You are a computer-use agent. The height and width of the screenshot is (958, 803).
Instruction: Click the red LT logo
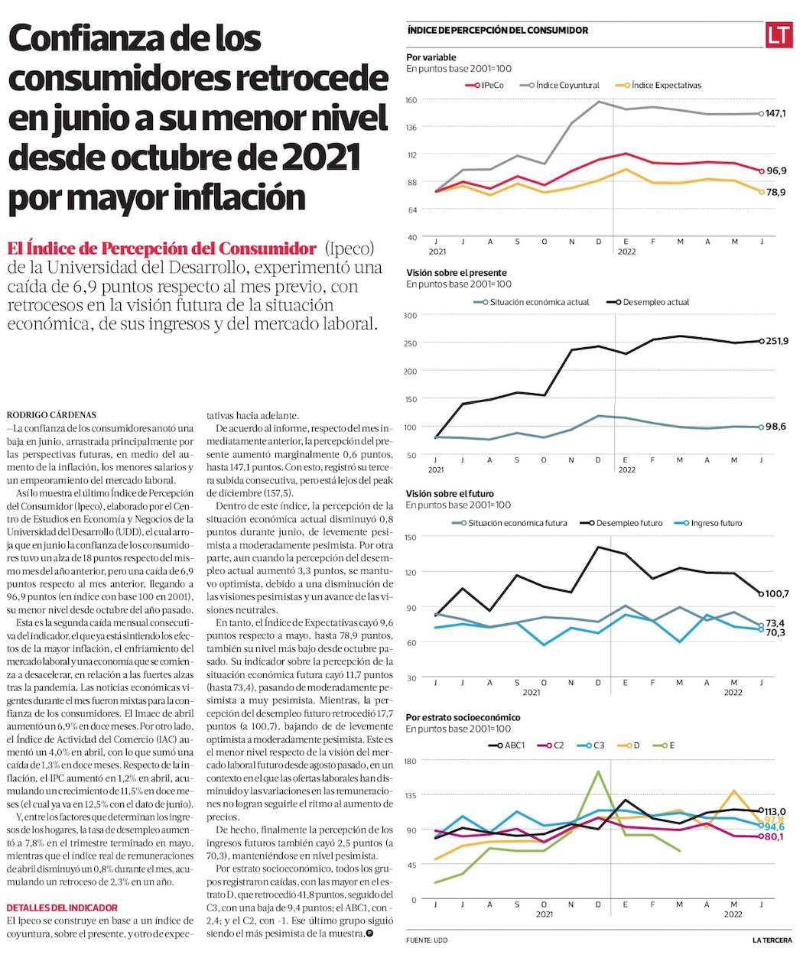coord(779,35)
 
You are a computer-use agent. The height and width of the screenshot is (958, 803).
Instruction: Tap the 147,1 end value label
coord(776,114)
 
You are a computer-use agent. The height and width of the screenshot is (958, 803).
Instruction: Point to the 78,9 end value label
coord(776,193)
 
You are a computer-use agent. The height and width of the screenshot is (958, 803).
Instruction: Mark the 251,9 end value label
coord(777,341)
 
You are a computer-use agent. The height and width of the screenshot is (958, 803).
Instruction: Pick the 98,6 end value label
coord(775,427)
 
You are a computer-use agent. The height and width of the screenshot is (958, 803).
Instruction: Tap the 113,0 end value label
coord(775,812)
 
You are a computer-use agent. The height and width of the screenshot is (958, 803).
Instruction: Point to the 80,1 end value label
coord(775,837)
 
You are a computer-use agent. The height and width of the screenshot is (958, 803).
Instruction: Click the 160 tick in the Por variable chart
coord(411,100)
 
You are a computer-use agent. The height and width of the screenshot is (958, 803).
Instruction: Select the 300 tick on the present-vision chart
coord(411,316)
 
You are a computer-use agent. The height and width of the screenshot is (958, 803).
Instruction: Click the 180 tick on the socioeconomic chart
coord(411,761)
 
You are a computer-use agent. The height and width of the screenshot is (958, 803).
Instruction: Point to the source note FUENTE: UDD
coord(427,940)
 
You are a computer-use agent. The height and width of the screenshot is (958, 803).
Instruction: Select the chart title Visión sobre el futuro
coord(450,494)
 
